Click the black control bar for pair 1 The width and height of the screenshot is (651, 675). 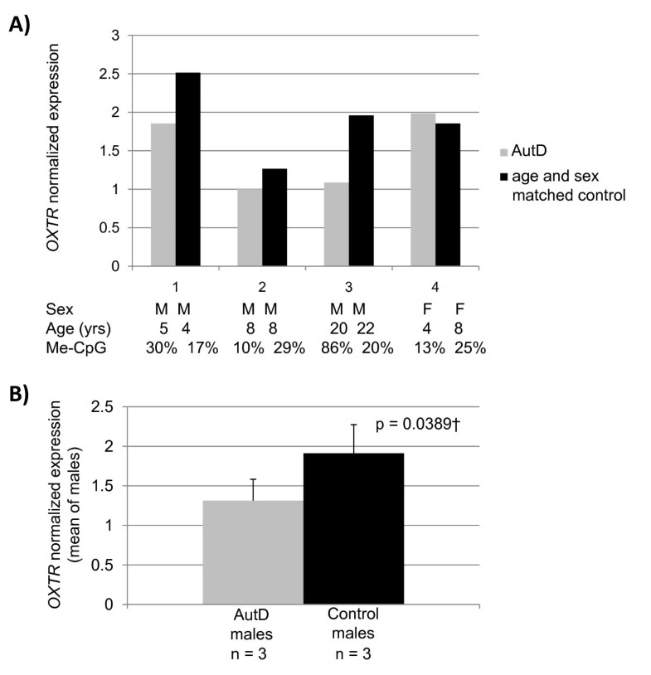point(187,170)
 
